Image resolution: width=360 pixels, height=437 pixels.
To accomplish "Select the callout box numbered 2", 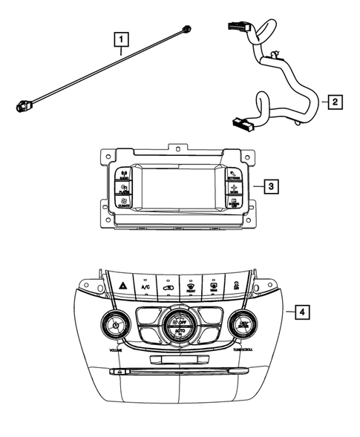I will pyautogui.click(x=335, y=102).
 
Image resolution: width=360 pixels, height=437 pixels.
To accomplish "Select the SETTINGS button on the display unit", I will pyautogui.click(x=234, y=176).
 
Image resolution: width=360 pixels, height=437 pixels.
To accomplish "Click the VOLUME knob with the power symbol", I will pyautogui.click(x=116, y=324).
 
